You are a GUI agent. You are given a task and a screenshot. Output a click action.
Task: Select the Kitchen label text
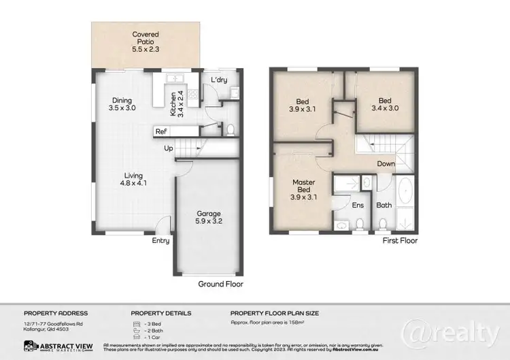pyautogui.click(x=173, y=100)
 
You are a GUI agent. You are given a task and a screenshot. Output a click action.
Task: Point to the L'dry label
pyautogui.click(x=218, y=80)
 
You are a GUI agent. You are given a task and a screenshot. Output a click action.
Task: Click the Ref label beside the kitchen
pyautogui.click(x=161, y=131)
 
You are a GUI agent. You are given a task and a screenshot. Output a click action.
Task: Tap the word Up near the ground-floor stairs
pyautogui.click(x=170, y=148)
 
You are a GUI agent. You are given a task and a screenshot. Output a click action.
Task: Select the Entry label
pyautogui.click(x=160, y=240)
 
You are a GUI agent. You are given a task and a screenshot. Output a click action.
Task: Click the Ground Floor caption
pyautogui.click(x=220, y=284)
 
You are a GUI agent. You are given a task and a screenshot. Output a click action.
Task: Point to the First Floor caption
pyautogui.click(x=399, y=240)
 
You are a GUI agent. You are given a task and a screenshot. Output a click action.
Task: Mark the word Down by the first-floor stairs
pyautogui.click(x=386, y=163)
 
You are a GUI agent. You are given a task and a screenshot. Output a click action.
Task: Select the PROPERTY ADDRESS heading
pyautogui.click(x=56, y=313)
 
